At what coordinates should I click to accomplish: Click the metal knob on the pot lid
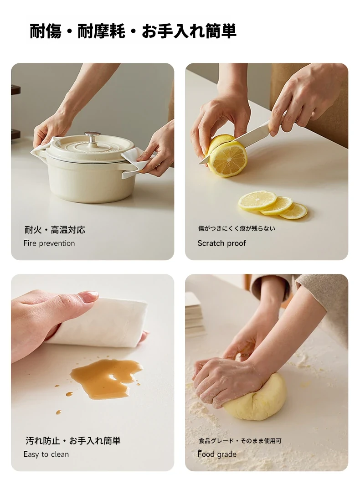click(92, 138)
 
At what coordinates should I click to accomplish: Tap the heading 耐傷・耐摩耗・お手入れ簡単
click(133, 31)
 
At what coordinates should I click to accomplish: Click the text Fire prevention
click(49, 243)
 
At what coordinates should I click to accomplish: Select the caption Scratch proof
click(221, 243)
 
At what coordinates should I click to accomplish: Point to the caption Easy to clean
click(46, 454)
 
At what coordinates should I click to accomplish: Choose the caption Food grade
click(217, 454)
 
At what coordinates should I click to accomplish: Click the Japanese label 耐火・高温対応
click(55, 230)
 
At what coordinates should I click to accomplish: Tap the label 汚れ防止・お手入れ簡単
click(73, 440)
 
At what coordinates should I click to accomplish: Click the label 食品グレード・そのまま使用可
click(240, 441)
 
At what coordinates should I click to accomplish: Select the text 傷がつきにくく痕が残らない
click(237, 228)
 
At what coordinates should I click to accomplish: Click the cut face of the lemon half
click(228, 159)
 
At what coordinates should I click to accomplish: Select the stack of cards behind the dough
click(195, 315)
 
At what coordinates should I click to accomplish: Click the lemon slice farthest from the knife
click(293, 211)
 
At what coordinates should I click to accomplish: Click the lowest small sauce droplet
click(58, 412)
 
